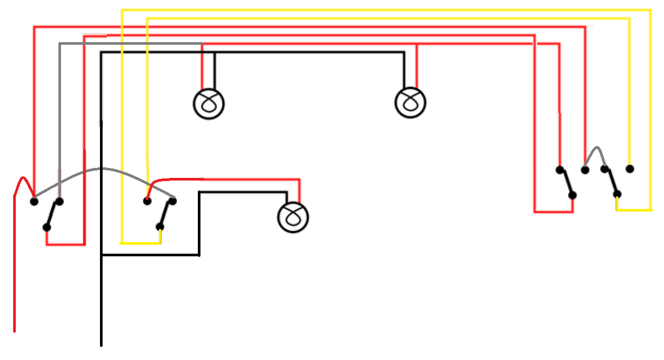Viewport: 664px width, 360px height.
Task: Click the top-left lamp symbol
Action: click(209, 104)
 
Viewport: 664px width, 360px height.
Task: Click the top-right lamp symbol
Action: click(411, 103)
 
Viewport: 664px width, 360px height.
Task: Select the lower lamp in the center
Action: click(294, 216)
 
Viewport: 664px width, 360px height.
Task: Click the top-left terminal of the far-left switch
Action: click(34, 201)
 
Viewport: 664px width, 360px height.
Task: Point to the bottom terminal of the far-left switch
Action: click(47, 227)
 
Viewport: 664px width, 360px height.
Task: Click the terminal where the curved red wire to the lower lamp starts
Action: click(148, 201)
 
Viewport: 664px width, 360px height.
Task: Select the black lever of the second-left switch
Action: click(166, 214)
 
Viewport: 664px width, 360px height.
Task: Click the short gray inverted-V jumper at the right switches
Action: click(596, 156)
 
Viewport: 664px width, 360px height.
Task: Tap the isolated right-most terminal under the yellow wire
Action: click(629, 169)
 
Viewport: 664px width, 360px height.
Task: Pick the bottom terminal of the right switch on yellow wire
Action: click(618, 195)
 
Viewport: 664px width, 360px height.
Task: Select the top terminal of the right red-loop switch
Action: click(560, 169)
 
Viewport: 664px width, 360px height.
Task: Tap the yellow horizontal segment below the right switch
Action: click(634, 209)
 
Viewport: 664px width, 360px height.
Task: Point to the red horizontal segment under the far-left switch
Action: click(66, 245)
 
